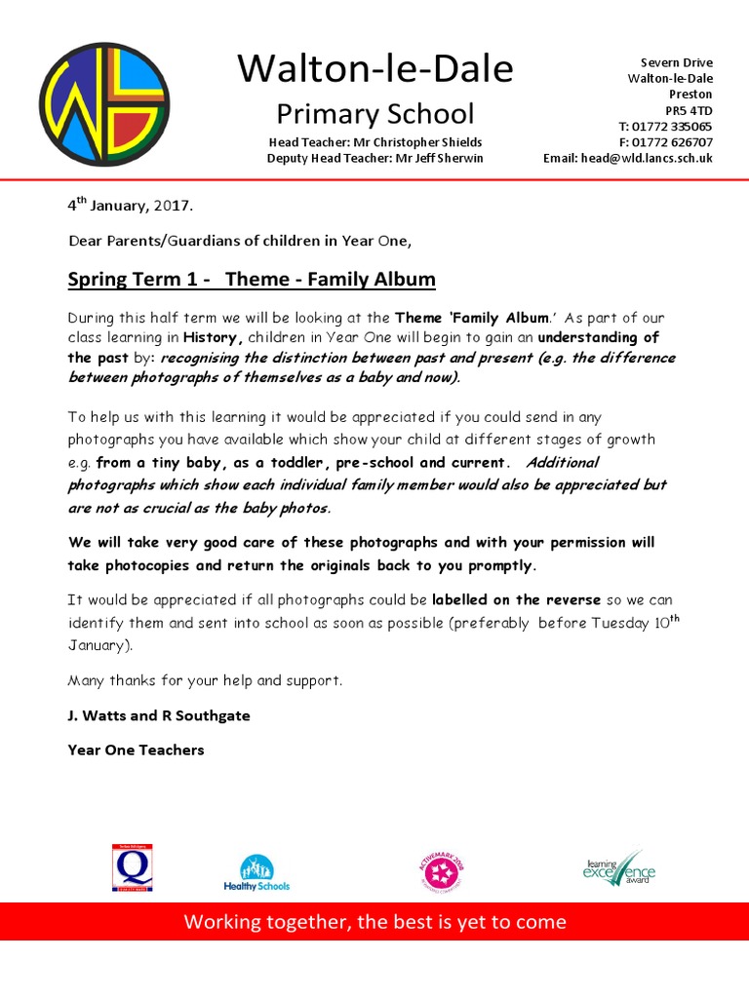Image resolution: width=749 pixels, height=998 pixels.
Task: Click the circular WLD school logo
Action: point(105,103)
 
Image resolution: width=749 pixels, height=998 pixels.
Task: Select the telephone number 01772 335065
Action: point(672,127)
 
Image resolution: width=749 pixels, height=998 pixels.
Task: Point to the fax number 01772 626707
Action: point(672,142)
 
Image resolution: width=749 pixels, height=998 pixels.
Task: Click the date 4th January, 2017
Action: point(130,206)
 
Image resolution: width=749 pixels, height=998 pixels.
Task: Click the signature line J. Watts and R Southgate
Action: point(159,715)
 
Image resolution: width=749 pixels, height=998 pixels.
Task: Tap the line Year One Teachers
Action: point(136,750)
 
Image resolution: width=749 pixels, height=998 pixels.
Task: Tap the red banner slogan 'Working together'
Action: point(374,922)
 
